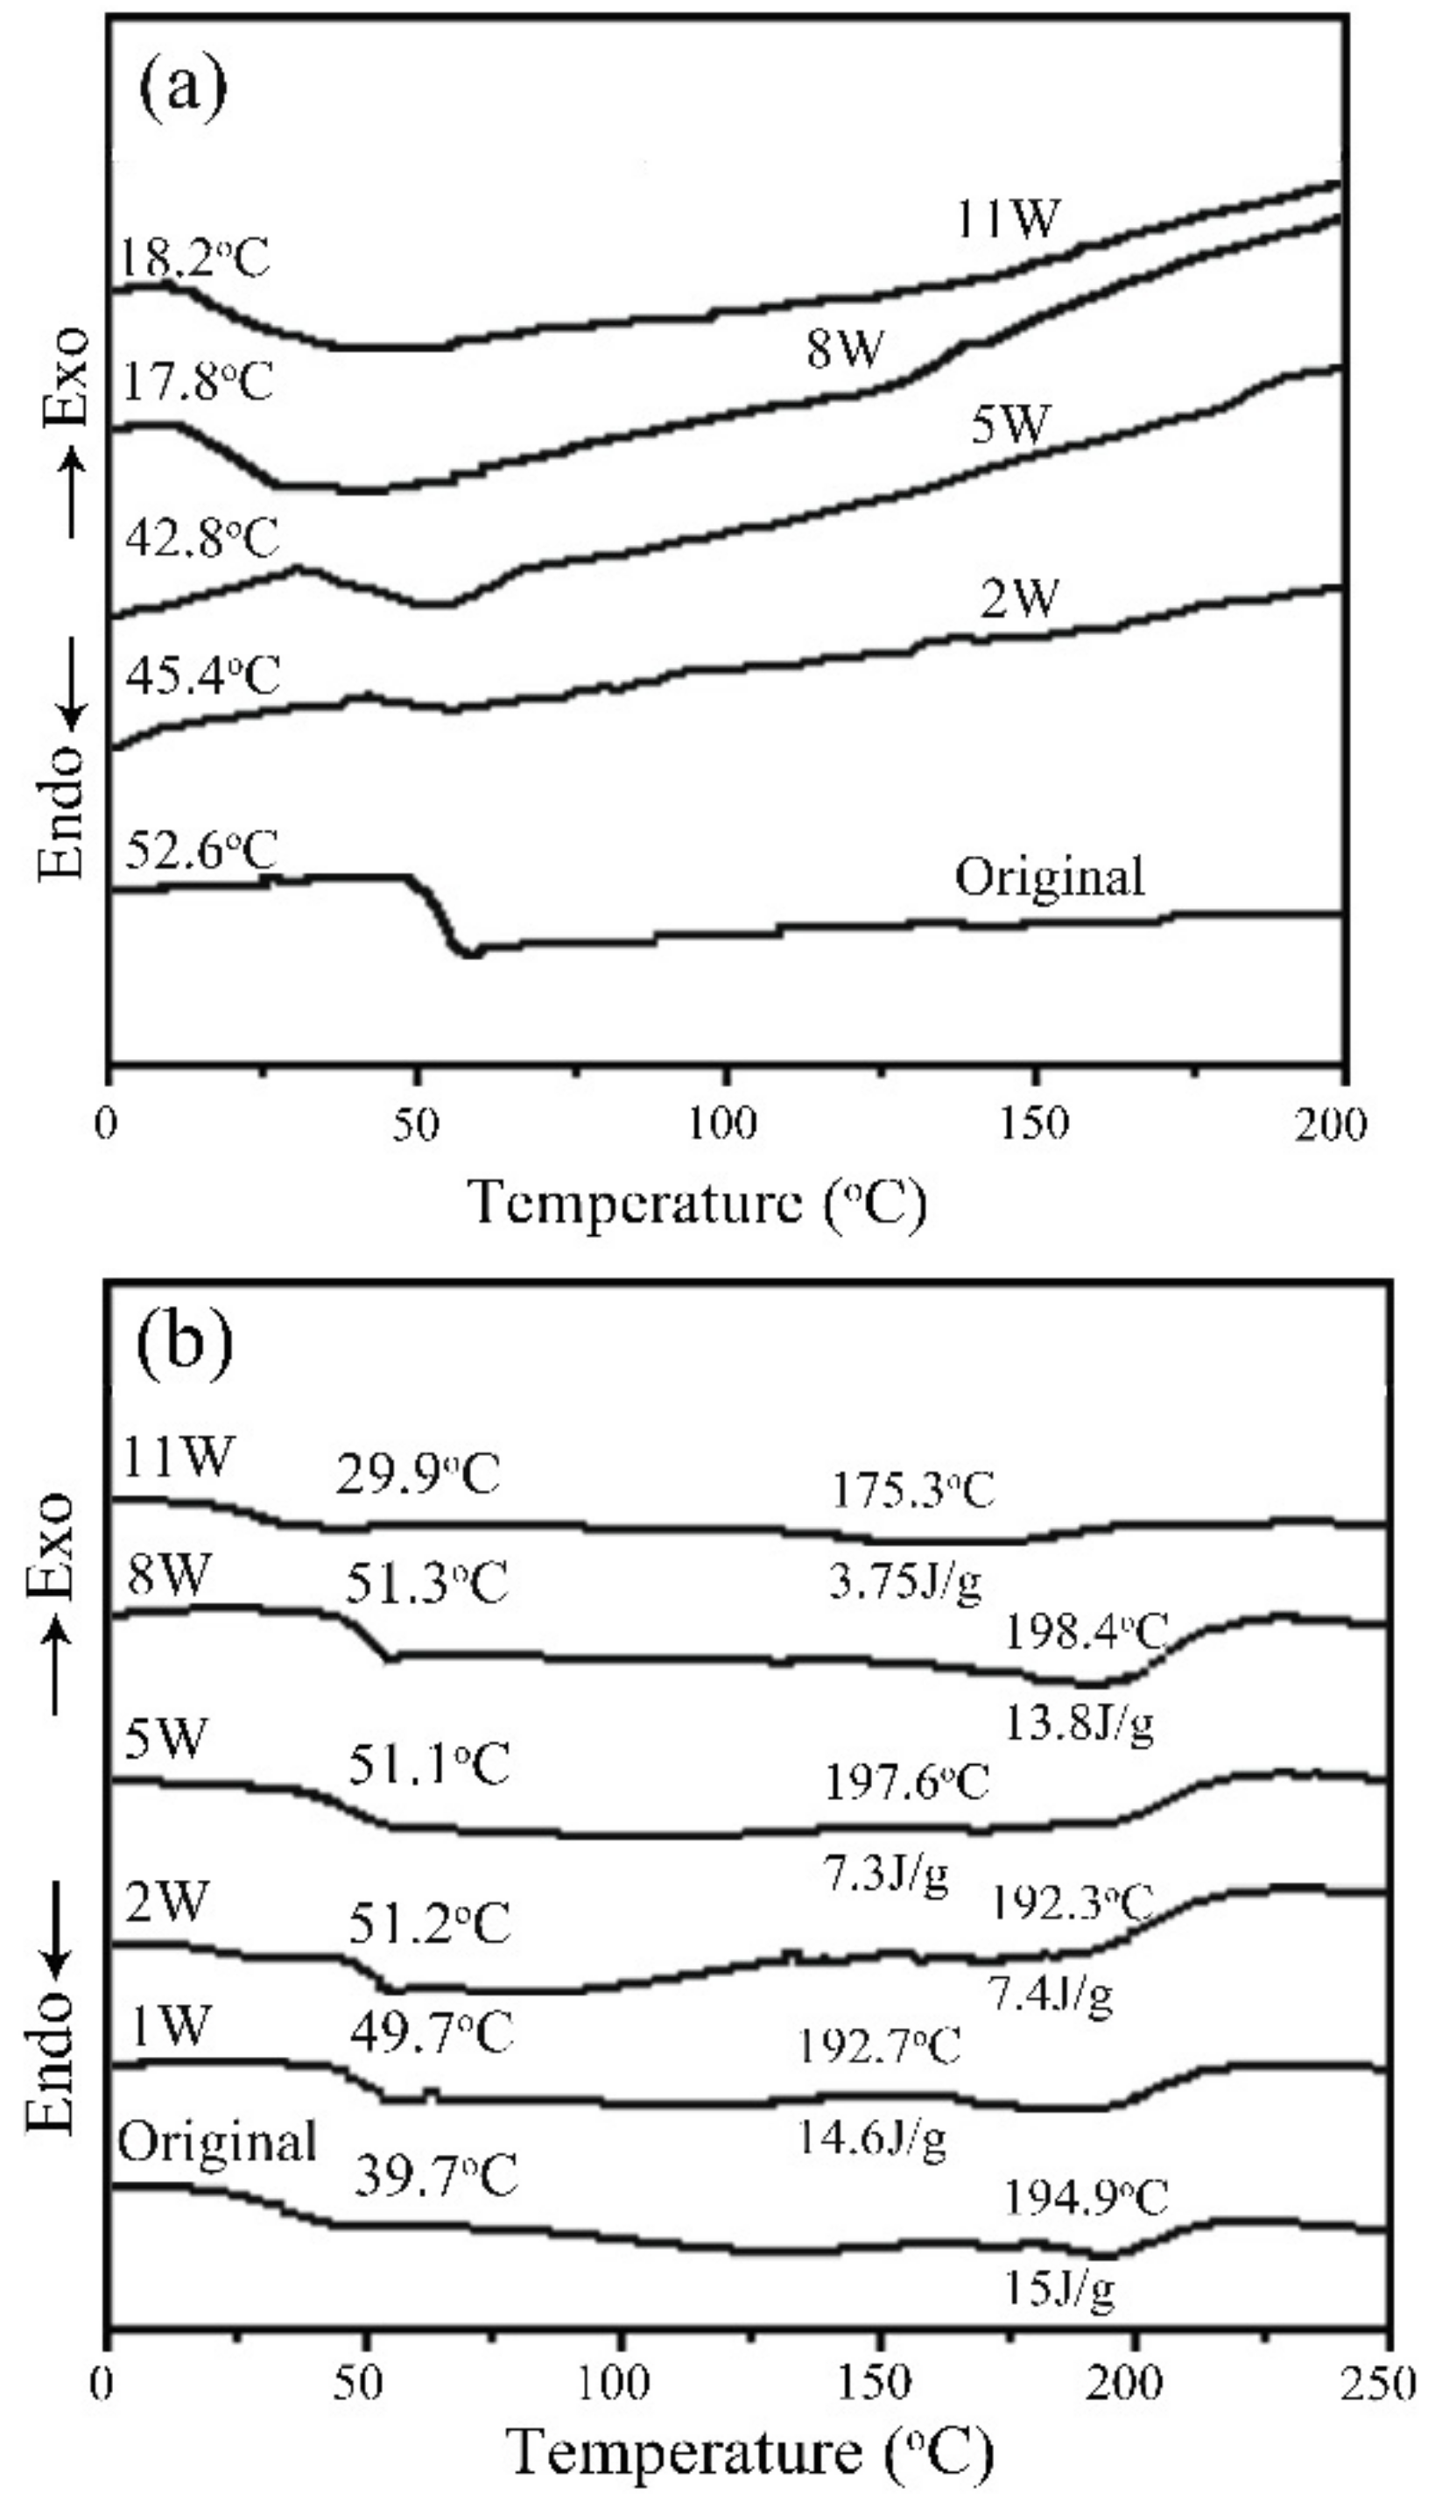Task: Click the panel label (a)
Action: [x=182, y=88]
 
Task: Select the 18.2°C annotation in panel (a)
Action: [x=194, y=259]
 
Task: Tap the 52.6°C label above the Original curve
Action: [x=200, y=850]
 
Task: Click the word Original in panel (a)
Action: [x=1051, y=874]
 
